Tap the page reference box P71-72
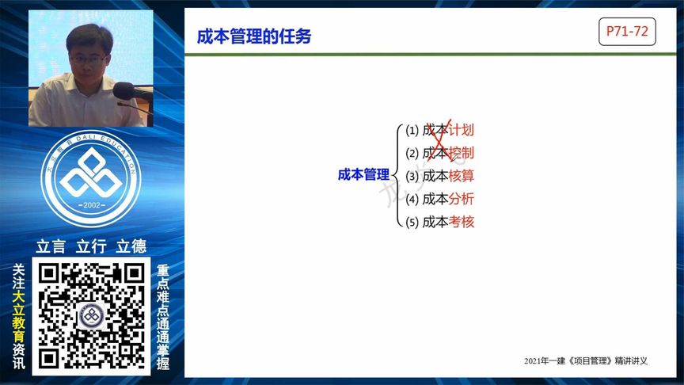[x=627, y=32]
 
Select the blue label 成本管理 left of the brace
[x=363, y=175]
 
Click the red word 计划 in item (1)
[x=462, y=130]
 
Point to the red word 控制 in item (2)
[x=462, y=153]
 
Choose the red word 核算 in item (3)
[x=462, y=176]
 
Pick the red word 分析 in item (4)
[x=462, y=199]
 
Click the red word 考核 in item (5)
[x=462, y=222]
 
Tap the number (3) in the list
[x=412, y=176]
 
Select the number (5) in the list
[x=412, y=223]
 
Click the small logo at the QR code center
[x=92, y=316]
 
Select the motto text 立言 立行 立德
[x=91, y=246]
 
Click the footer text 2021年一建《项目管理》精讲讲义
[x=586, y=361]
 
